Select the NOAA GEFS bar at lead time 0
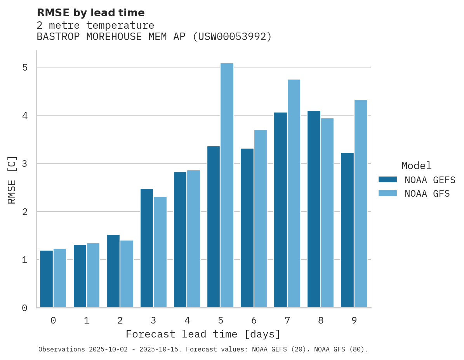tap(47, 279)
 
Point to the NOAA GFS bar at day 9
tap(361, 204)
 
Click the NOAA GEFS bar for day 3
tap(147, 248)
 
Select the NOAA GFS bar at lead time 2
tap(127, 274)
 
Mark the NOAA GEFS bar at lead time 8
tap(314, 209)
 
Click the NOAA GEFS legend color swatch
tap(388, 180)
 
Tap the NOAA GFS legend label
tap(427, 194)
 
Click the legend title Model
tap(416, 166)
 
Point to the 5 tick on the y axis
tap(25, 67)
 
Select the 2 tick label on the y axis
tap(25, 212)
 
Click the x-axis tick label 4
tap(187, 321)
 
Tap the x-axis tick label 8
tap(321, 321)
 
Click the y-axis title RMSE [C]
tap(12, 180)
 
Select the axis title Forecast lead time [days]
tap(203, 334)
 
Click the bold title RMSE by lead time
tap(91, 13)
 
